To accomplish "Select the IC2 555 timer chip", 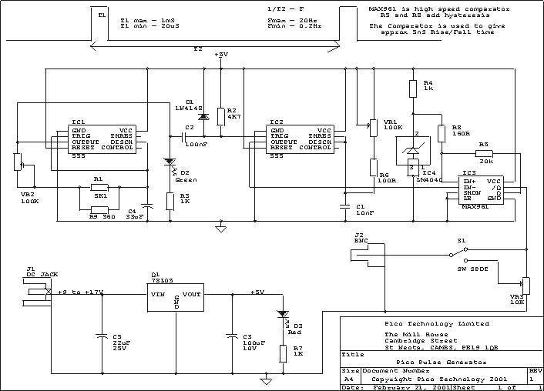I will point(301,139).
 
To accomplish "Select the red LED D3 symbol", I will point(282,316).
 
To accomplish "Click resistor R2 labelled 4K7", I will point(220,115).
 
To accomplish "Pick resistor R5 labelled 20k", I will point(484,152).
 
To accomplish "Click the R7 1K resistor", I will point(282,353).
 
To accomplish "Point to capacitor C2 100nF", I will point(185,137).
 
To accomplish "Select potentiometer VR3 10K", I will point(526,285).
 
